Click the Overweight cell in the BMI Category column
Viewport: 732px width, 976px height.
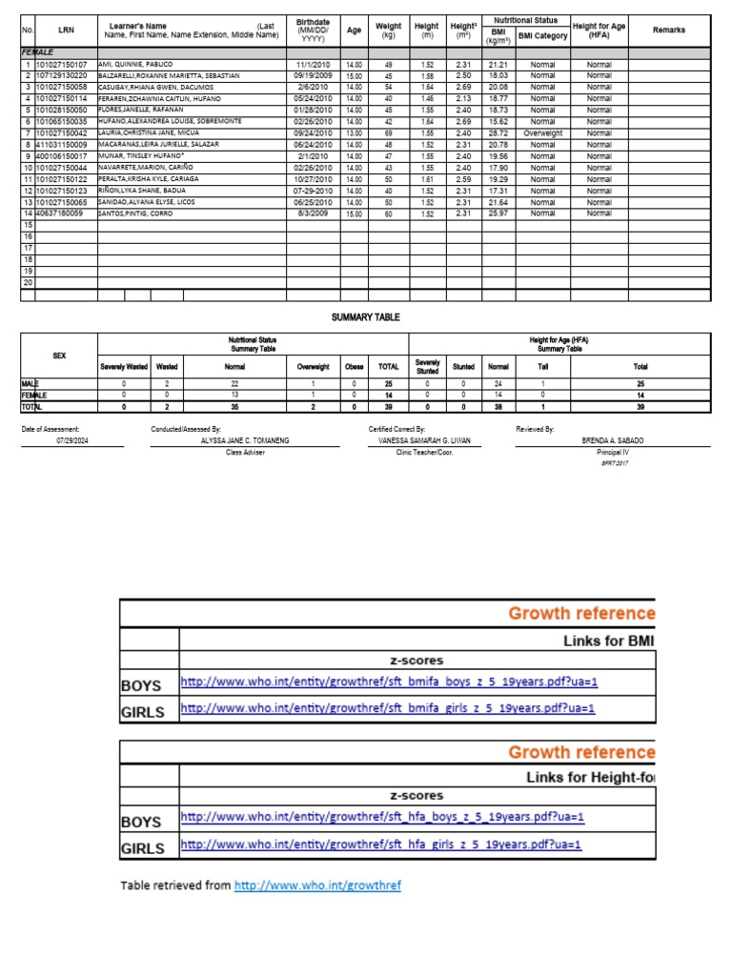(542, 133)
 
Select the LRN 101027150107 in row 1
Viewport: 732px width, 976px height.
(61, 64)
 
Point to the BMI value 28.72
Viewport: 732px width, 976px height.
(497, 133)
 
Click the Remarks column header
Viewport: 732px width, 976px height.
(668, 30)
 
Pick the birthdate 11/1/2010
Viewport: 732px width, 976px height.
(313, 64)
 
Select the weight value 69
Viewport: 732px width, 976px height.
(388, 133)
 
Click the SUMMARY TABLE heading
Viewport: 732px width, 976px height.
(365, 317)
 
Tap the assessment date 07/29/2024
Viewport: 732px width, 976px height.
(71, 441)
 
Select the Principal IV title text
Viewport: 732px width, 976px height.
(613, 453)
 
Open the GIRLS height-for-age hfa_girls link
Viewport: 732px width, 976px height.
(381, 844)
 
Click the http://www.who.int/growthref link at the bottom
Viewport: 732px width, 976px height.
(317, 885)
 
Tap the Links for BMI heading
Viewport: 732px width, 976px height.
(608, 640)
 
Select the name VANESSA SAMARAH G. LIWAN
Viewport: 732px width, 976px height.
(424, 441)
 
